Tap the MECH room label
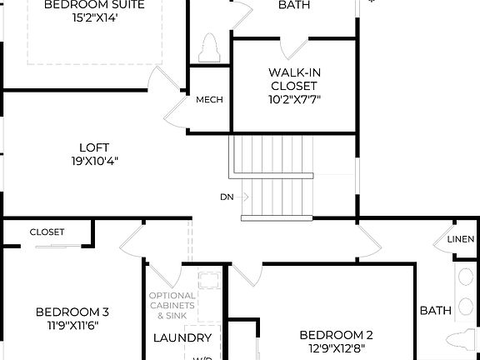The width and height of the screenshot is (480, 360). coord(209,100)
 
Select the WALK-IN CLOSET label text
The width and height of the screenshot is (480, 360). coord(292,78)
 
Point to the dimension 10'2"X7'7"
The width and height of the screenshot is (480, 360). coord(292,99)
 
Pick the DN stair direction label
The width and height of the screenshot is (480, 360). coord(227,197)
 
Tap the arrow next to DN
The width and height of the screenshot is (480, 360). coord(243,197)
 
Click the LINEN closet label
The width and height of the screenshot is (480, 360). coord(461,239)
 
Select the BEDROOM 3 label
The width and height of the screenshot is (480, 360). coord(72,312)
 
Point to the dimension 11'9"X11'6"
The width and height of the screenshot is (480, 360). coord(72,327)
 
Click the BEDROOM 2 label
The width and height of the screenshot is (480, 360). coord(336,335)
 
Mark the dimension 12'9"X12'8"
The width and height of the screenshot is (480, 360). coord(336,349)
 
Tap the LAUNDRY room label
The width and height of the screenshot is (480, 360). coord(182,338)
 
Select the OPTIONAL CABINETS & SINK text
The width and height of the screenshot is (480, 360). coord(172,306)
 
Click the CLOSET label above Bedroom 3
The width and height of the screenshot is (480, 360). coord(47,232)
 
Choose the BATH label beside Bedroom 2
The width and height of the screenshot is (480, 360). coord(435,311)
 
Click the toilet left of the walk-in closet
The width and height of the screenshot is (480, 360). coord(209,47)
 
